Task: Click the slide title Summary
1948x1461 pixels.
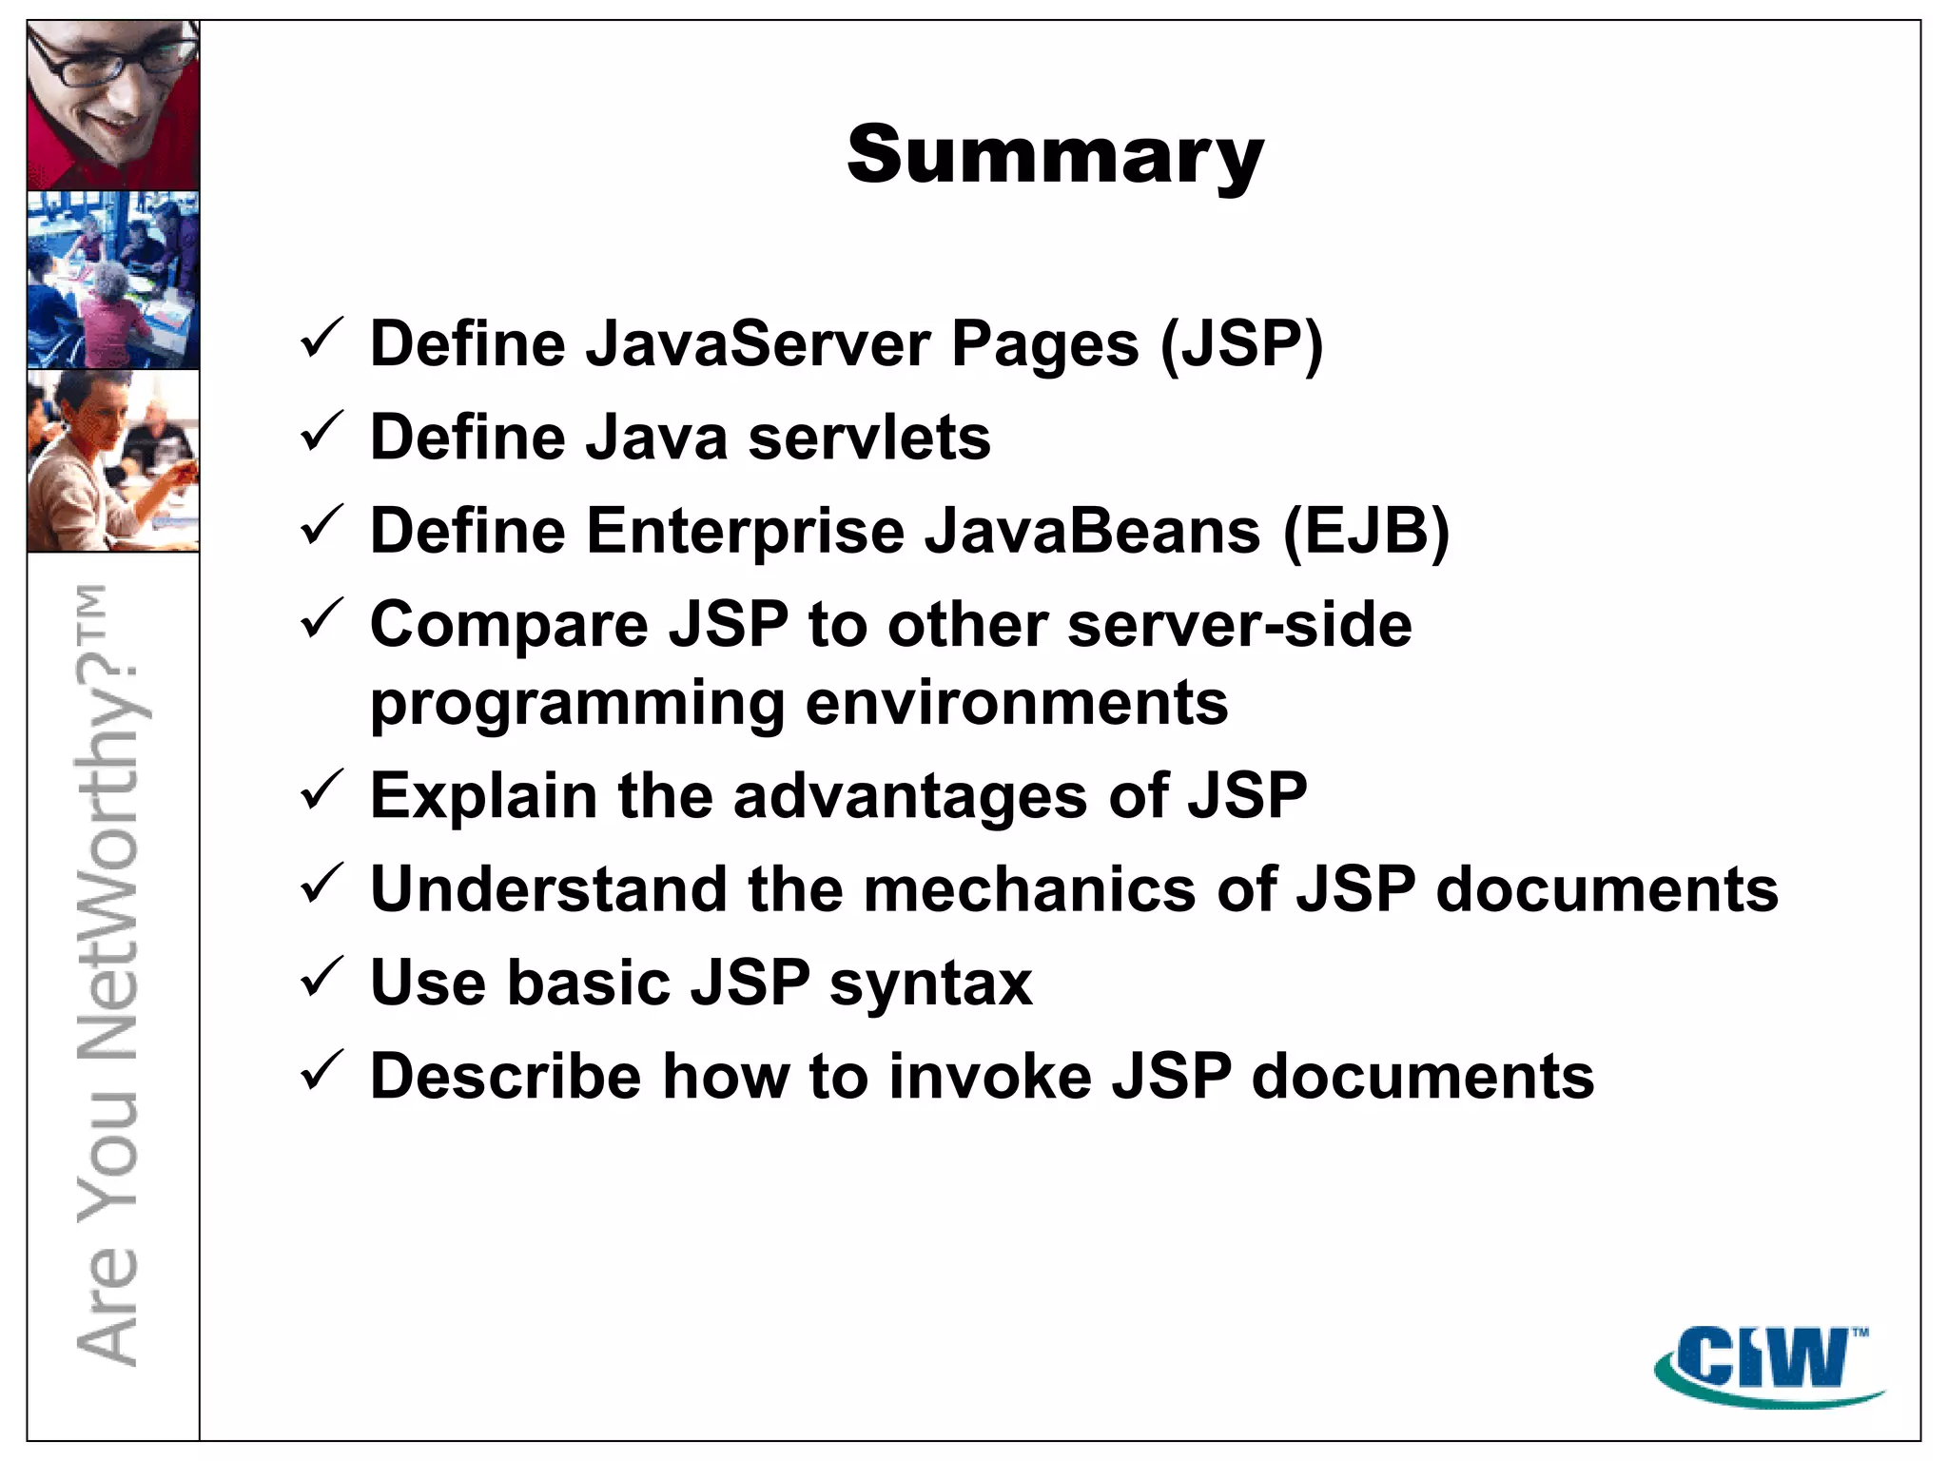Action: point(1055,155)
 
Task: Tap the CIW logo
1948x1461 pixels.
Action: point(1768,1363)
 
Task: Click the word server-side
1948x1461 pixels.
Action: point(1239,625)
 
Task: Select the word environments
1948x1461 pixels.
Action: point(1017,703)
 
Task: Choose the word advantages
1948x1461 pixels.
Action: point(910,796)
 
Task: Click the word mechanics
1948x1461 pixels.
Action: point(1029,889)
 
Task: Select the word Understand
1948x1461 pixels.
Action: point(548,889)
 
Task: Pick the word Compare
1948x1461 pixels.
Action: point(509,627)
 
